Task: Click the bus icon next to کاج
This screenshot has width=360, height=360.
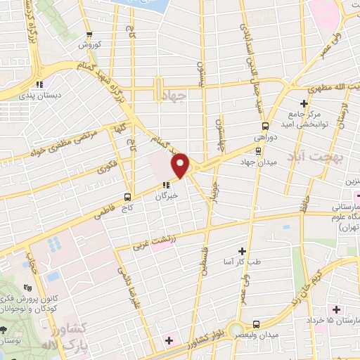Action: coord(127,196)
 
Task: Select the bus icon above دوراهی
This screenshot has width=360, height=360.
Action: coord(264,127)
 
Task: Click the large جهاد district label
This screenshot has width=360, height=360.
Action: coord(172,96)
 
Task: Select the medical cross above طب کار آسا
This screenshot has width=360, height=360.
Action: coord(243,251)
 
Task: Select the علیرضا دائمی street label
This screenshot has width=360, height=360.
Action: coord(129,288)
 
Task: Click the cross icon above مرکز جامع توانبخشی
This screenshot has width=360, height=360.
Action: coord(303,104)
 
